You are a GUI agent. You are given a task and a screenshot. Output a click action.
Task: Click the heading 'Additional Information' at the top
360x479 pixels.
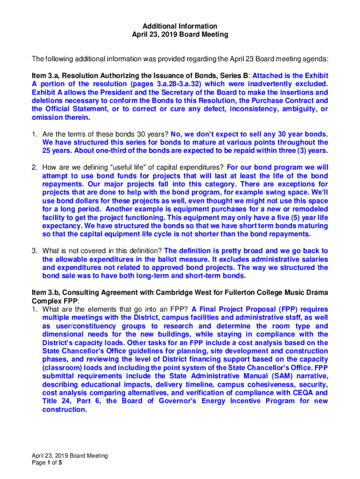click(x=180, y=26)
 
